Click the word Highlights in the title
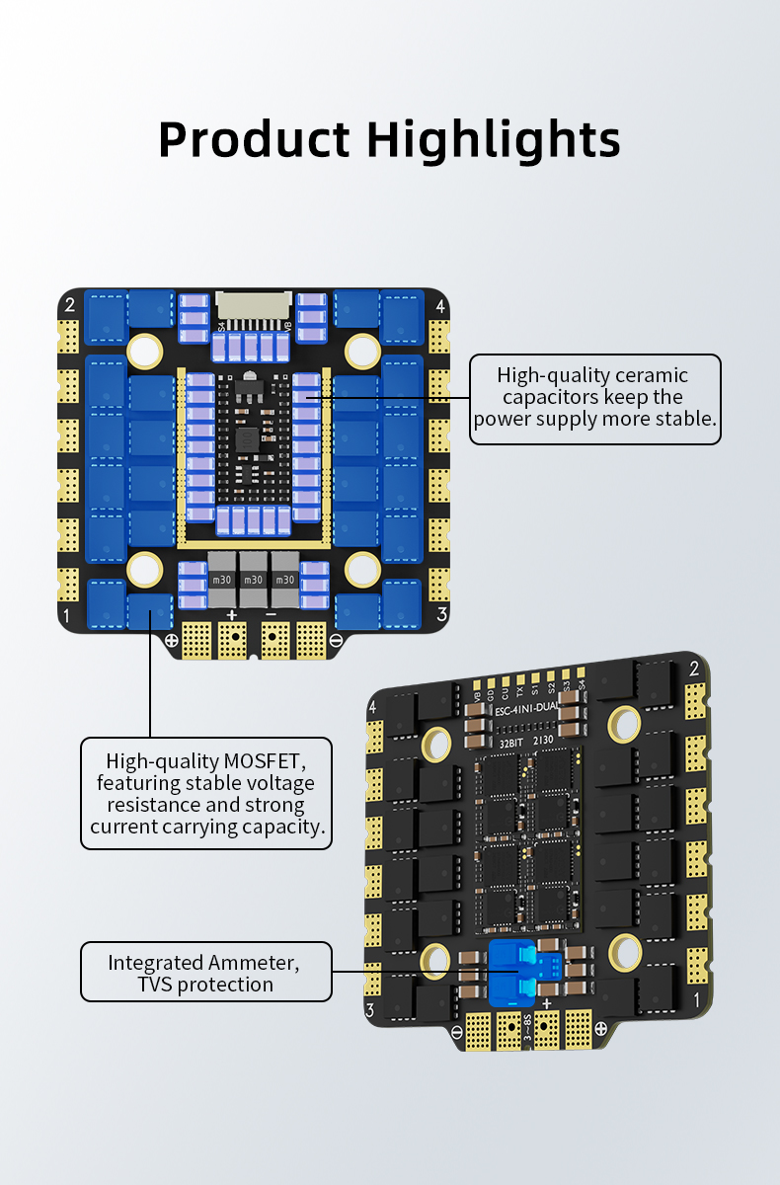click(494, 139)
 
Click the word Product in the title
click(254, 139)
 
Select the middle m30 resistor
click(254, 580)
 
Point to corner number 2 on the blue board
click(70, 304)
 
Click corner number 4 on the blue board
click(439, 305)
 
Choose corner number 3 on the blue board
click(441, 614)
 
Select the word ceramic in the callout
click(651, 375)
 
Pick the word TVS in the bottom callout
click(156, 985)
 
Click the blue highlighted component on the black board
click(515, 971)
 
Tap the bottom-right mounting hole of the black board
click(625, 952)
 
